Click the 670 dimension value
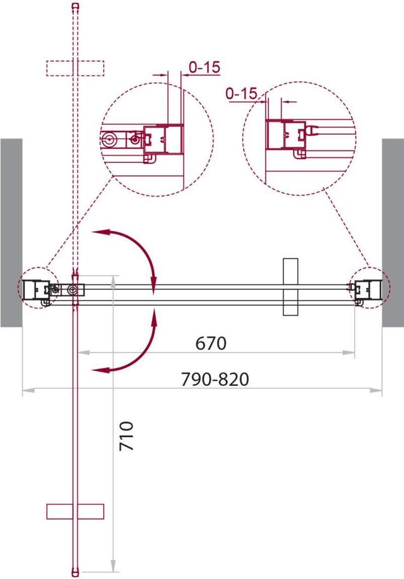click(211, 343)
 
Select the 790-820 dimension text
click(215, 379)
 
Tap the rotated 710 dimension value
click(126, 436)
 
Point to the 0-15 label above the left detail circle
click(205, 67)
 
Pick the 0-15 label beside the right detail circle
click(241, 94)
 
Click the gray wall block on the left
click(12, 233)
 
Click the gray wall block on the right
click(393, 233)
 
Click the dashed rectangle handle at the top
click(75, 68)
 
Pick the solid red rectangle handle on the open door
click(75, 511)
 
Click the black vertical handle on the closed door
click(290, 287)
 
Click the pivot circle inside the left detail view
click(108, 139)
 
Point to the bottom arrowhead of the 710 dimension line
click(114, 565)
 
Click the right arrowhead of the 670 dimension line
click(349, 353)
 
